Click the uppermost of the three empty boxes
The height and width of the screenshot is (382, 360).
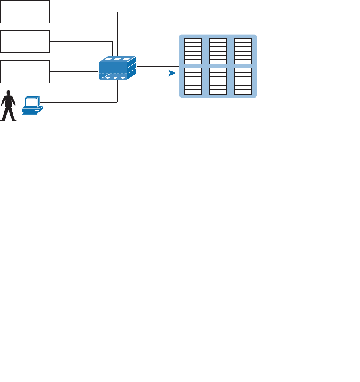(25, 12)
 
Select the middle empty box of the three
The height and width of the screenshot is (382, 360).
(25, 41)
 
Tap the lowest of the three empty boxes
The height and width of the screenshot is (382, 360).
(25, 71)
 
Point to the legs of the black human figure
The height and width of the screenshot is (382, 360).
(8, 113)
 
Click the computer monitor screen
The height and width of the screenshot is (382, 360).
(31, 102)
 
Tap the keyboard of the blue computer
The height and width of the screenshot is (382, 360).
(30, 112)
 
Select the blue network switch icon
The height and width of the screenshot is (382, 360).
(117, 68)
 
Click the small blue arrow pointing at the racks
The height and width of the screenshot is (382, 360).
(170, 73)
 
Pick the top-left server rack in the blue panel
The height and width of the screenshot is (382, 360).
(193, 51)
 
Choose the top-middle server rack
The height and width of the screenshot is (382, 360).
(218, 51)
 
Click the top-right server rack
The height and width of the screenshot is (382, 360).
(243, 51)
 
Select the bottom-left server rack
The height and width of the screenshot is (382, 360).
(193, 81)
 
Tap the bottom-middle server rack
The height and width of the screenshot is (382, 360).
(218, 81)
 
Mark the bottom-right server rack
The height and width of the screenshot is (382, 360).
(243, 81)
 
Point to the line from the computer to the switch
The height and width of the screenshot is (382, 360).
(79, 102)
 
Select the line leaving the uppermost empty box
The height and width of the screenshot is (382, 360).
(83, 12)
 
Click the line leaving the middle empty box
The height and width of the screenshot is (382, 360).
(79, 41)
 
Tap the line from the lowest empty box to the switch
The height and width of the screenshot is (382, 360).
(74, 72)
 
